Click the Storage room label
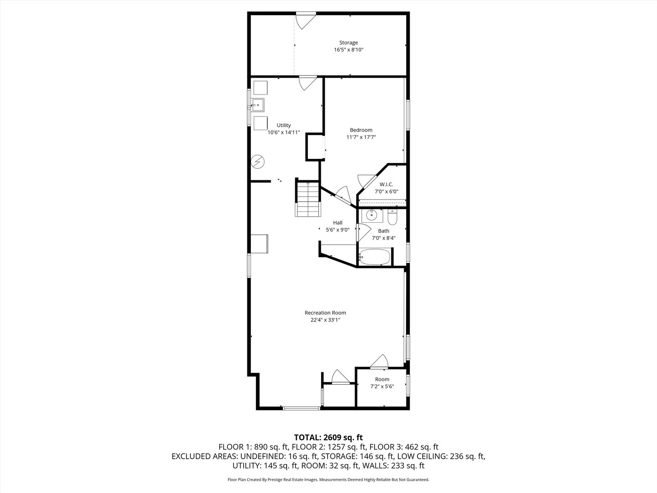coord(348,43)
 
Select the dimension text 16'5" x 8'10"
coord(348,50)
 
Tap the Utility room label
coord(283,125)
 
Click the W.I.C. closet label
coord(386,184)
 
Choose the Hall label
coord(338,223)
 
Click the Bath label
coord(383,231)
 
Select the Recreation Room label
coord(325,313)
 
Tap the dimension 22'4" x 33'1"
coord(325,320)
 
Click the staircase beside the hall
coord(308,199)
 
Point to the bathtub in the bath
coord(375,257)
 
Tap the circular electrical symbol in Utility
coord(258,162)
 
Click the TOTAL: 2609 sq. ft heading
coord(328,437)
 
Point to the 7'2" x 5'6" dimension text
coord(382,387)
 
